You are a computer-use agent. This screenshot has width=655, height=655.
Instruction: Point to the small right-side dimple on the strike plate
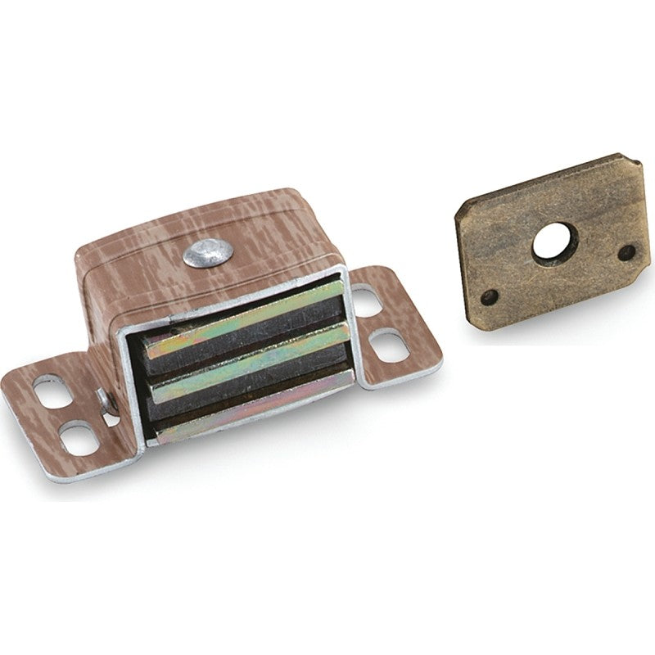click(x=626, y=251)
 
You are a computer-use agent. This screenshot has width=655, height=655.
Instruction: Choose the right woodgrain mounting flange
click(x=393, y=327)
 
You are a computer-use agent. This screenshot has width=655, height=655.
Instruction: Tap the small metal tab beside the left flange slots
click(x=105, y=401)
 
